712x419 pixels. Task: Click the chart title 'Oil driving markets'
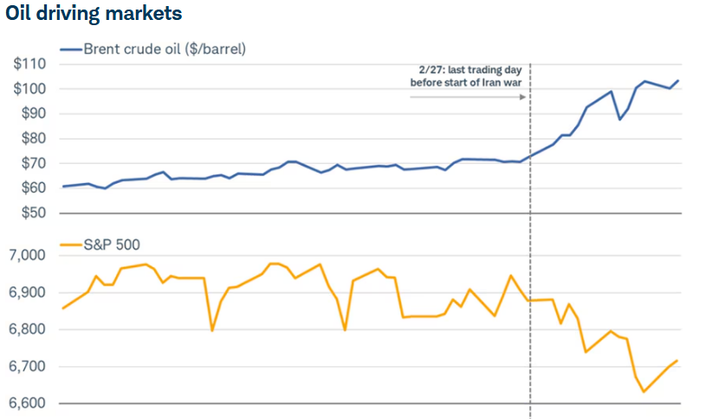[94, 15]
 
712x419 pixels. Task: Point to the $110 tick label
[30, 64]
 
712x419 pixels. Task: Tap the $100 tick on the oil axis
[30, 88]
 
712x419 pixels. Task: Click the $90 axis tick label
[33, 114]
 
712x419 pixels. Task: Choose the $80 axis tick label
[33, 139]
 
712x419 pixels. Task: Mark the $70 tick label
[33, 163]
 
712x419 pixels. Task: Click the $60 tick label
[33, 188]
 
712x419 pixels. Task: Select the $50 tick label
[33, 213]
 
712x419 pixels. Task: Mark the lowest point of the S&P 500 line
[644, 391]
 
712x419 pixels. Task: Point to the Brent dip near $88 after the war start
[619, 119]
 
